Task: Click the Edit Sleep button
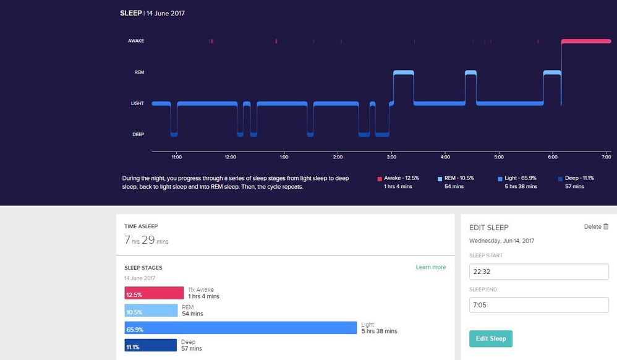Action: pyautogui.click(x=490, y=338)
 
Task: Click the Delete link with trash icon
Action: pyautogui.click(x=597, y=227)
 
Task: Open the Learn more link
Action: pyautogui.click(x=431, y=267)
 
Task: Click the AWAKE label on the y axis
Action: pyautogui.click(x=136, y=41)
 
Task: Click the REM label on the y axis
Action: pyautogui.click(x=139, y=72)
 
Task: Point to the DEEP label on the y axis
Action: pyautogui.click(x=138, y=134)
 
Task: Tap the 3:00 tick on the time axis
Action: pyautogui.click(x=391, y=157)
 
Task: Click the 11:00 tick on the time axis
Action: pyautogui.click(x=176, y=157)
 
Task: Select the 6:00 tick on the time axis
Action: pyautogui.click(x=553, y=157)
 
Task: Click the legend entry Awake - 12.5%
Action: pyautogui.click(x=398, y=178)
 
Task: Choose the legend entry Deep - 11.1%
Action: pyautogui.click(x=579, y=178)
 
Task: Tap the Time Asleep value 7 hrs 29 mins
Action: pyautogui.click(x=147, y=240)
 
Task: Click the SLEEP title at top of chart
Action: pyautogui.click(x=130, y=12)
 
